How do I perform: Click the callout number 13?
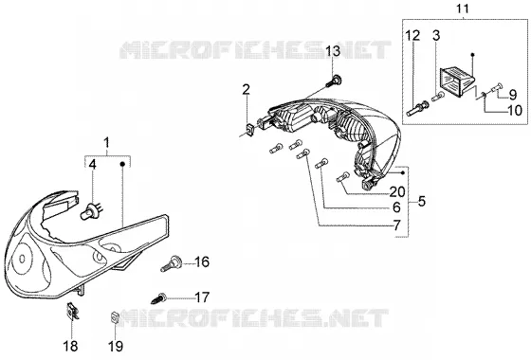click(333, 51)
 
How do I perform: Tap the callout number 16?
click(202, 261)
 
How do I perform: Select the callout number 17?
click(202, 297)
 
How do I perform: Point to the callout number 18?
click(70, 346)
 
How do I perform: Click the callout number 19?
click(116, 346)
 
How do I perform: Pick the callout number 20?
click(397, 191)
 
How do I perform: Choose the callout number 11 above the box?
click(463, 9)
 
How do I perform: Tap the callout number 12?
click(412, 35)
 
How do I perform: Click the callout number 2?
click(246, 89)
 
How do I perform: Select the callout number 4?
click(93, 165)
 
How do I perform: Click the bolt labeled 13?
click(334, 81)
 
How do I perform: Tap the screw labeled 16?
click(172, 264)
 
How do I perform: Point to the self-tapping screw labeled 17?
click(158, 298)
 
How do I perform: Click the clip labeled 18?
click(72, 311)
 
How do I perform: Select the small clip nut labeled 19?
click(115, 318)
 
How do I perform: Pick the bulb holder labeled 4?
click(91, 210)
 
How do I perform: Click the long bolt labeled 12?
click(418, 109)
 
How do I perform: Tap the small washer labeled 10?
click(483, 96)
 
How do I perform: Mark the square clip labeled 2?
click(249, 130)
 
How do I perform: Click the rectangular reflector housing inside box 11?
click(457, 81)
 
